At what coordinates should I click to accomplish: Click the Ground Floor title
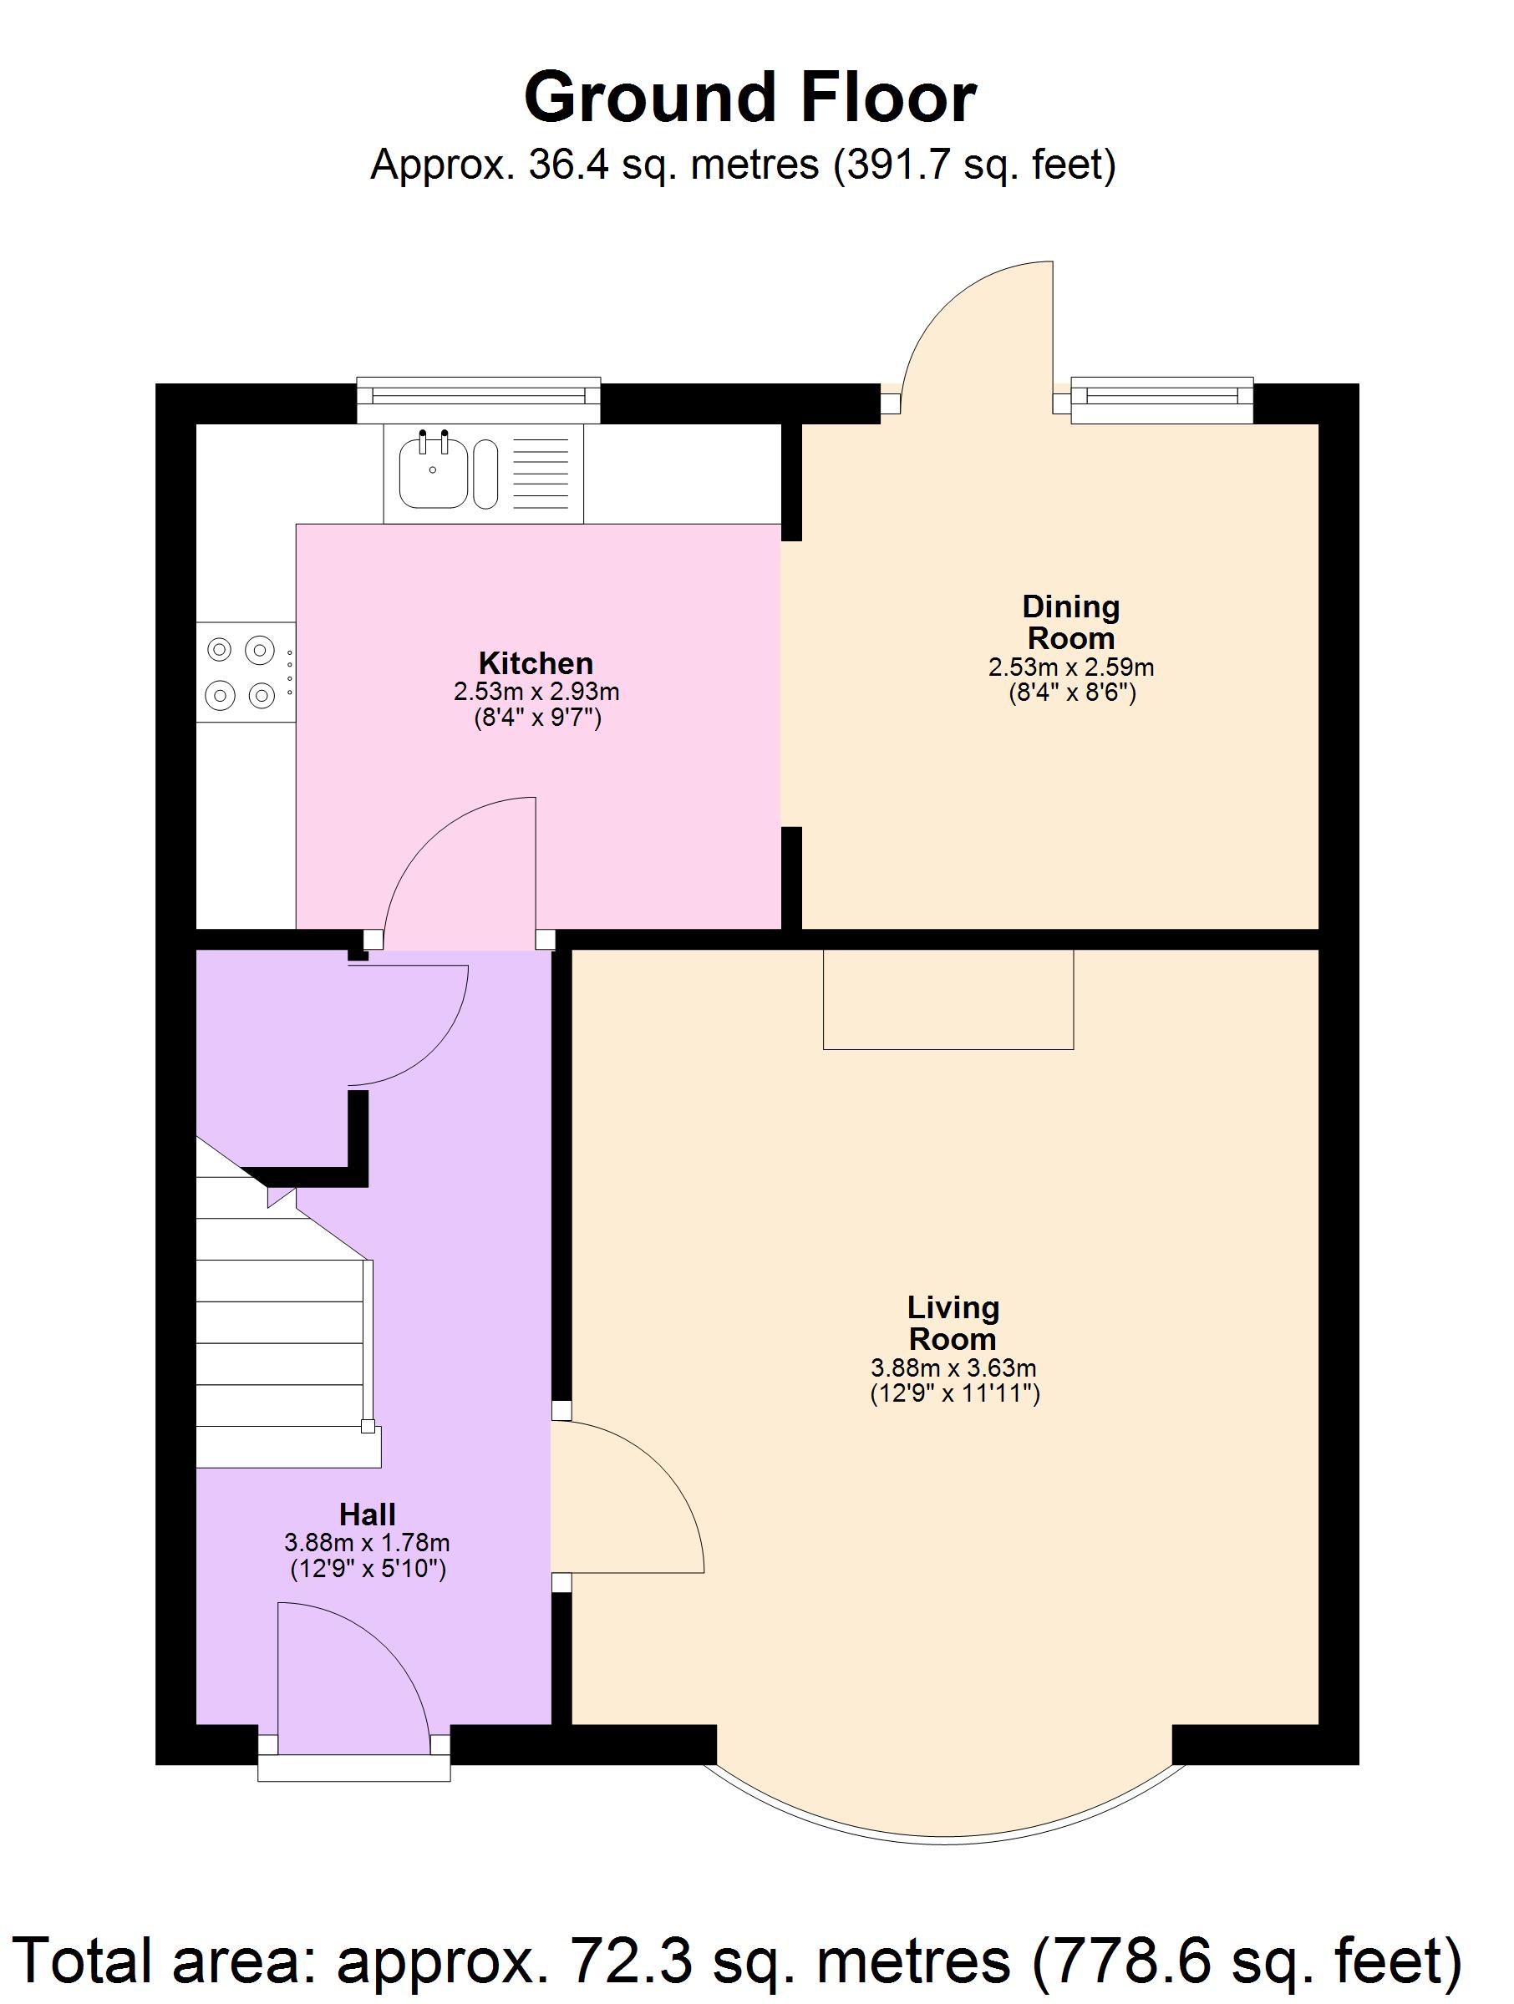pos(749,98)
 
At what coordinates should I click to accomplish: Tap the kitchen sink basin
pos(433,473)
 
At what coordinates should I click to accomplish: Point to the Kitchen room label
pos(536,662)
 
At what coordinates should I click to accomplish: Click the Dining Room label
pos(1070,622)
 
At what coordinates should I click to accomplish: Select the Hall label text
pos(367,1514)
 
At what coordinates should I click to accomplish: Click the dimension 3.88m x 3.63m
pos(953,1367)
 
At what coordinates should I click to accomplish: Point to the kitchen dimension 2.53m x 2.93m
pos(536,693)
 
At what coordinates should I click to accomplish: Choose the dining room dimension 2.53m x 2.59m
pos(1071,667)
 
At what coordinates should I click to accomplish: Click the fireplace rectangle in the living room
pos(948,998)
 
